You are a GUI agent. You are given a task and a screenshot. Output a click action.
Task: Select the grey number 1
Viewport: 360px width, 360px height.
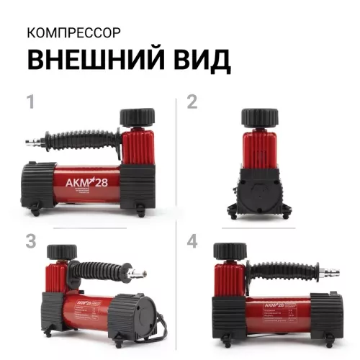[30, 102]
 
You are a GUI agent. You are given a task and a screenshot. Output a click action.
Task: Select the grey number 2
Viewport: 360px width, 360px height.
[192, 102]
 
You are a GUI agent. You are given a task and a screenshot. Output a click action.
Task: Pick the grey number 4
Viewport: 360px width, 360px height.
[192, 241]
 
